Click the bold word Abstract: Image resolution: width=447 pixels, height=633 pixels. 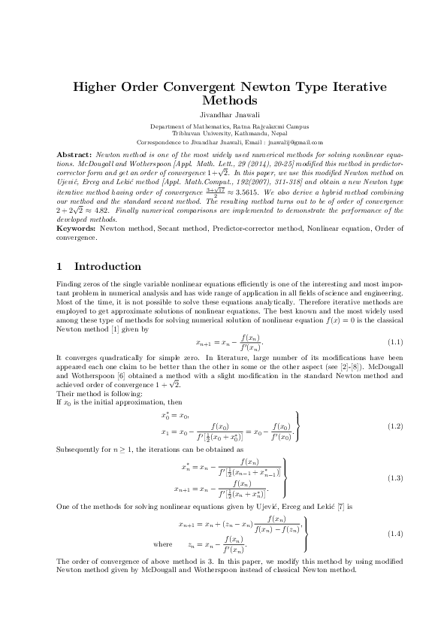(74, 153)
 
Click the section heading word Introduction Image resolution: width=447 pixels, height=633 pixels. (107, 266)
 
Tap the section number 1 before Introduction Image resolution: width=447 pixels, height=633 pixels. (60, 266)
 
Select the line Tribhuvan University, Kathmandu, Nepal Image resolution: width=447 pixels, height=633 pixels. (223, 134)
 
